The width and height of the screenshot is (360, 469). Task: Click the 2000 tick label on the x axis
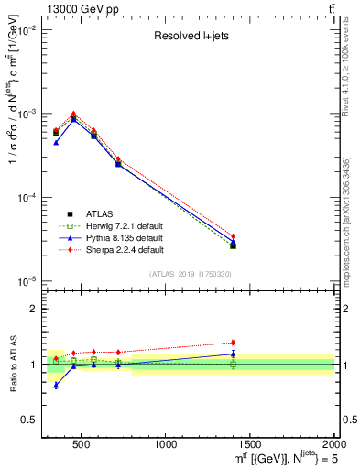click(x=333, y=443)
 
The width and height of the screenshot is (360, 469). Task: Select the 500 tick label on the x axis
click(x=81, y=443)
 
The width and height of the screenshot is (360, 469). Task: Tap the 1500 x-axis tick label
click(x=250, y=443)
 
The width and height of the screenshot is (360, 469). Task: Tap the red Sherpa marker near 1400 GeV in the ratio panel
click(x=233, y=343)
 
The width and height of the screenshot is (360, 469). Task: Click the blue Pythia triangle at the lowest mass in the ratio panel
click(x=56, y=386)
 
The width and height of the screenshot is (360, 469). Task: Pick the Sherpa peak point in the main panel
click(x=73, y=114)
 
